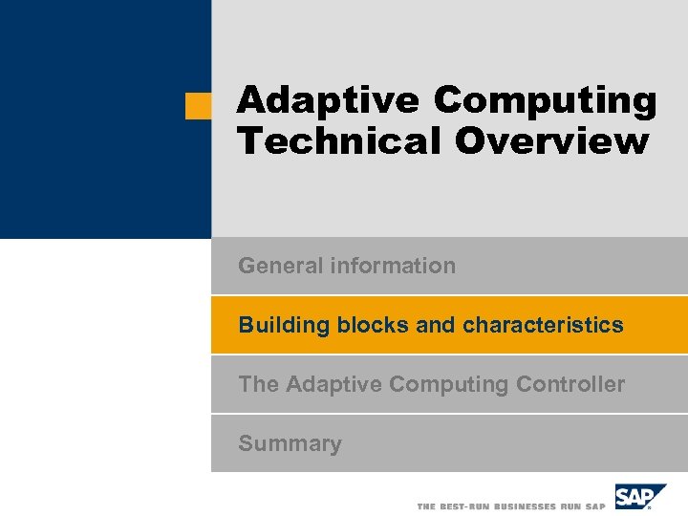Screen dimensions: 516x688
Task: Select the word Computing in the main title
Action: click(545, 100)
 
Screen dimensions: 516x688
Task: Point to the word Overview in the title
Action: click(551, 141)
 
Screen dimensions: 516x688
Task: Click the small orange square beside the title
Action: click(198, 106)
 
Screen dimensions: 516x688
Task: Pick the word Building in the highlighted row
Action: click(283, 325)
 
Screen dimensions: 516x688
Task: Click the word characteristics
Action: click(543, 325)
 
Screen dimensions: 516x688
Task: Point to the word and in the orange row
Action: click(436, 325)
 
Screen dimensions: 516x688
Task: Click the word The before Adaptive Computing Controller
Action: click(258, 384)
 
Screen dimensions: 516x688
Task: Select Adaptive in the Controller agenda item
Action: click(333, 384)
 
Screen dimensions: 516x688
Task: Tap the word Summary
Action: click(290, 443)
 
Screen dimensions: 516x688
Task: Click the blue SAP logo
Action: click(639, 498)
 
